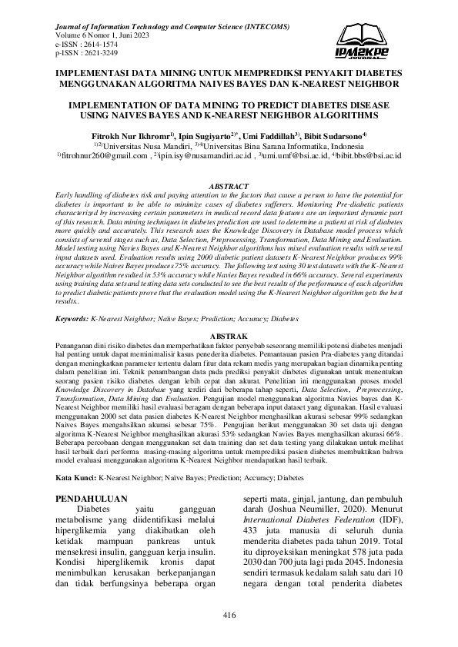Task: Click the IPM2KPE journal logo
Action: click(363, 41)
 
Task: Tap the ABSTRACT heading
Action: click(229, 187)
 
